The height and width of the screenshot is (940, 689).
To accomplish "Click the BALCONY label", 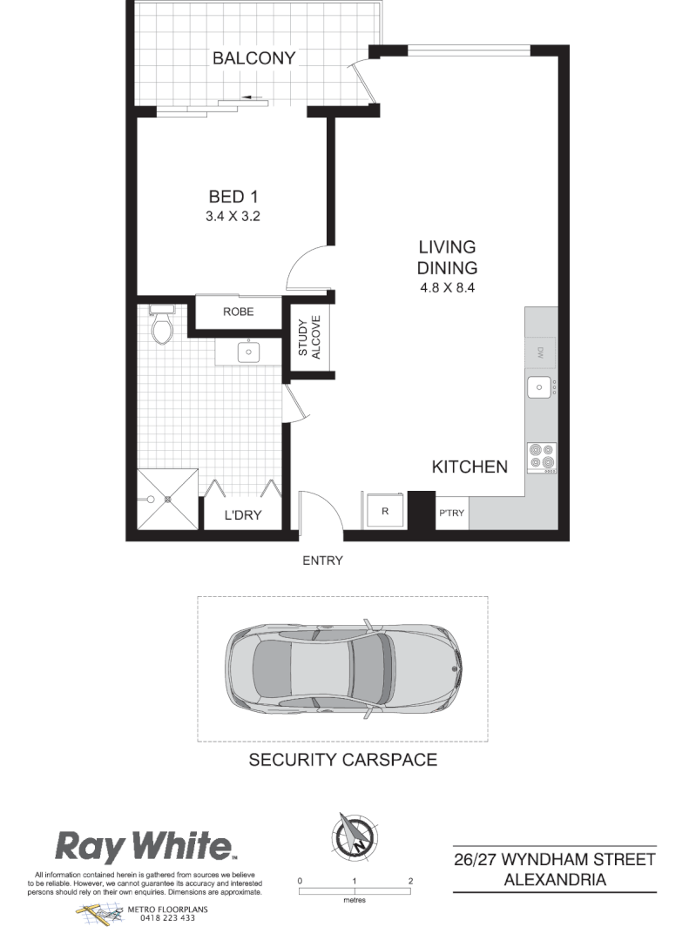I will (x=254, y=58).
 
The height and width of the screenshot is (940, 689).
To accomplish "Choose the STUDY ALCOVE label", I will (x=309, y=338).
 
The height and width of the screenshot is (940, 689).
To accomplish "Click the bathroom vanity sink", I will (x=249, y=352).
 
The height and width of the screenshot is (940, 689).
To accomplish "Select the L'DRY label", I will (x=243, y=515).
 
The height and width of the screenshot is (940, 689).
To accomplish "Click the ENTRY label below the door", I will (x=322, y=561).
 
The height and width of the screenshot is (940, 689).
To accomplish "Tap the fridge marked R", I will (x=385, y=512).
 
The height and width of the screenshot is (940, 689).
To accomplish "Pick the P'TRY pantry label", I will (x=451, y=513).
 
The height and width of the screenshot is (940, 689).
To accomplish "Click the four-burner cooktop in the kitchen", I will (x=541, y=457).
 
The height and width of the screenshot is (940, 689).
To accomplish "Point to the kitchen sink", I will (x=539, y=386).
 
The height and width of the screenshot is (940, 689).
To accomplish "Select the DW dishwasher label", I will (x=540, y=352).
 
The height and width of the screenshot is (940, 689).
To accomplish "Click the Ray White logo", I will (x=145, y=845).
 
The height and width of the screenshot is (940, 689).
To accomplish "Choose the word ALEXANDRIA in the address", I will (x=555, y=880).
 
